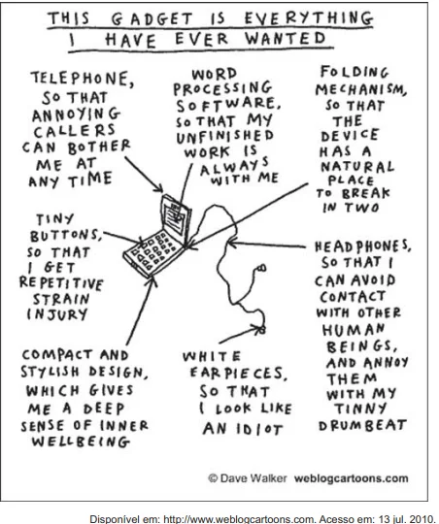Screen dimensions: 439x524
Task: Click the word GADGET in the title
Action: tap(152, 18)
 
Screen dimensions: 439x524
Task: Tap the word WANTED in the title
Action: tap(286, 38)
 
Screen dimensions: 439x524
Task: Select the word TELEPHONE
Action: tap(83, 79)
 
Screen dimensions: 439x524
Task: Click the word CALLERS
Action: tap(74, 131)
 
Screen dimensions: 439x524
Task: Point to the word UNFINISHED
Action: tap(225, 137)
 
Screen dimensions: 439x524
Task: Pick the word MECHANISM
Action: tap(361, 89)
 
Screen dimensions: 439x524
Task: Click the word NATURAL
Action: tap(357, 167)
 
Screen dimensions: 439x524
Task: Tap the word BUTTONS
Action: tap(66, 235)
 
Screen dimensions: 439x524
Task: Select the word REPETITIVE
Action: tap(61, 282)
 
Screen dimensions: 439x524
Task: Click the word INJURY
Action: tap(57, 314)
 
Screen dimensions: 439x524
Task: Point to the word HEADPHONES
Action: tap(362, 246)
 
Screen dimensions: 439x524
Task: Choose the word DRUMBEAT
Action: tap(362, 425)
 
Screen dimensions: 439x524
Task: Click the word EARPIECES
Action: tap(238, 374)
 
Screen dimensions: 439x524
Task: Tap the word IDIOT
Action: tap(259, 429)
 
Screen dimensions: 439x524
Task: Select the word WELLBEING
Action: tap(81, 442)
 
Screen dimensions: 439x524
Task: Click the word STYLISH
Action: tap(51, 372)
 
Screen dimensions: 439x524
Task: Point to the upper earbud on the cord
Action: tap(261, 268)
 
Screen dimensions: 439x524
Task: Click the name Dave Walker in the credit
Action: tap(253, 478)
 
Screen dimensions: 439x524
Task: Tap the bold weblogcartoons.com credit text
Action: tap(351, 478)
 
